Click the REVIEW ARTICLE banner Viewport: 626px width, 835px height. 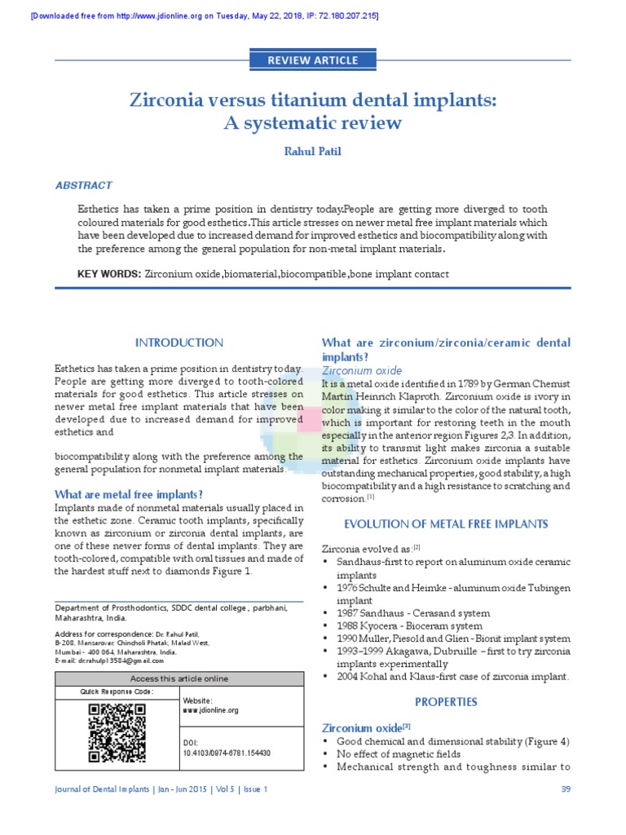[x=312, y=60]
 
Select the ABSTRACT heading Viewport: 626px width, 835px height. [x=84, y=185]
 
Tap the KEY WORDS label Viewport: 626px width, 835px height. [x=108, y=274]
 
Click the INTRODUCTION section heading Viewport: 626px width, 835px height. [x=179, y=342]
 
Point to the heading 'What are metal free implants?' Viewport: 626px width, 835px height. [x=128, y=494]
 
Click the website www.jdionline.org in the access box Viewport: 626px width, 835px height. [x=210, y=710]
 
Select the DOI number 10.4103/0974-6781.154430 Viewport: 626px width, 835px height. [x=227, y=753]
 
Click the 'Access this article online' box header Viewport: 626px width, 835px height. [x=179, y=678]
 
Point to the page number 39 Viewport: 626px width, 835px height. [x=566, y=789]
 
